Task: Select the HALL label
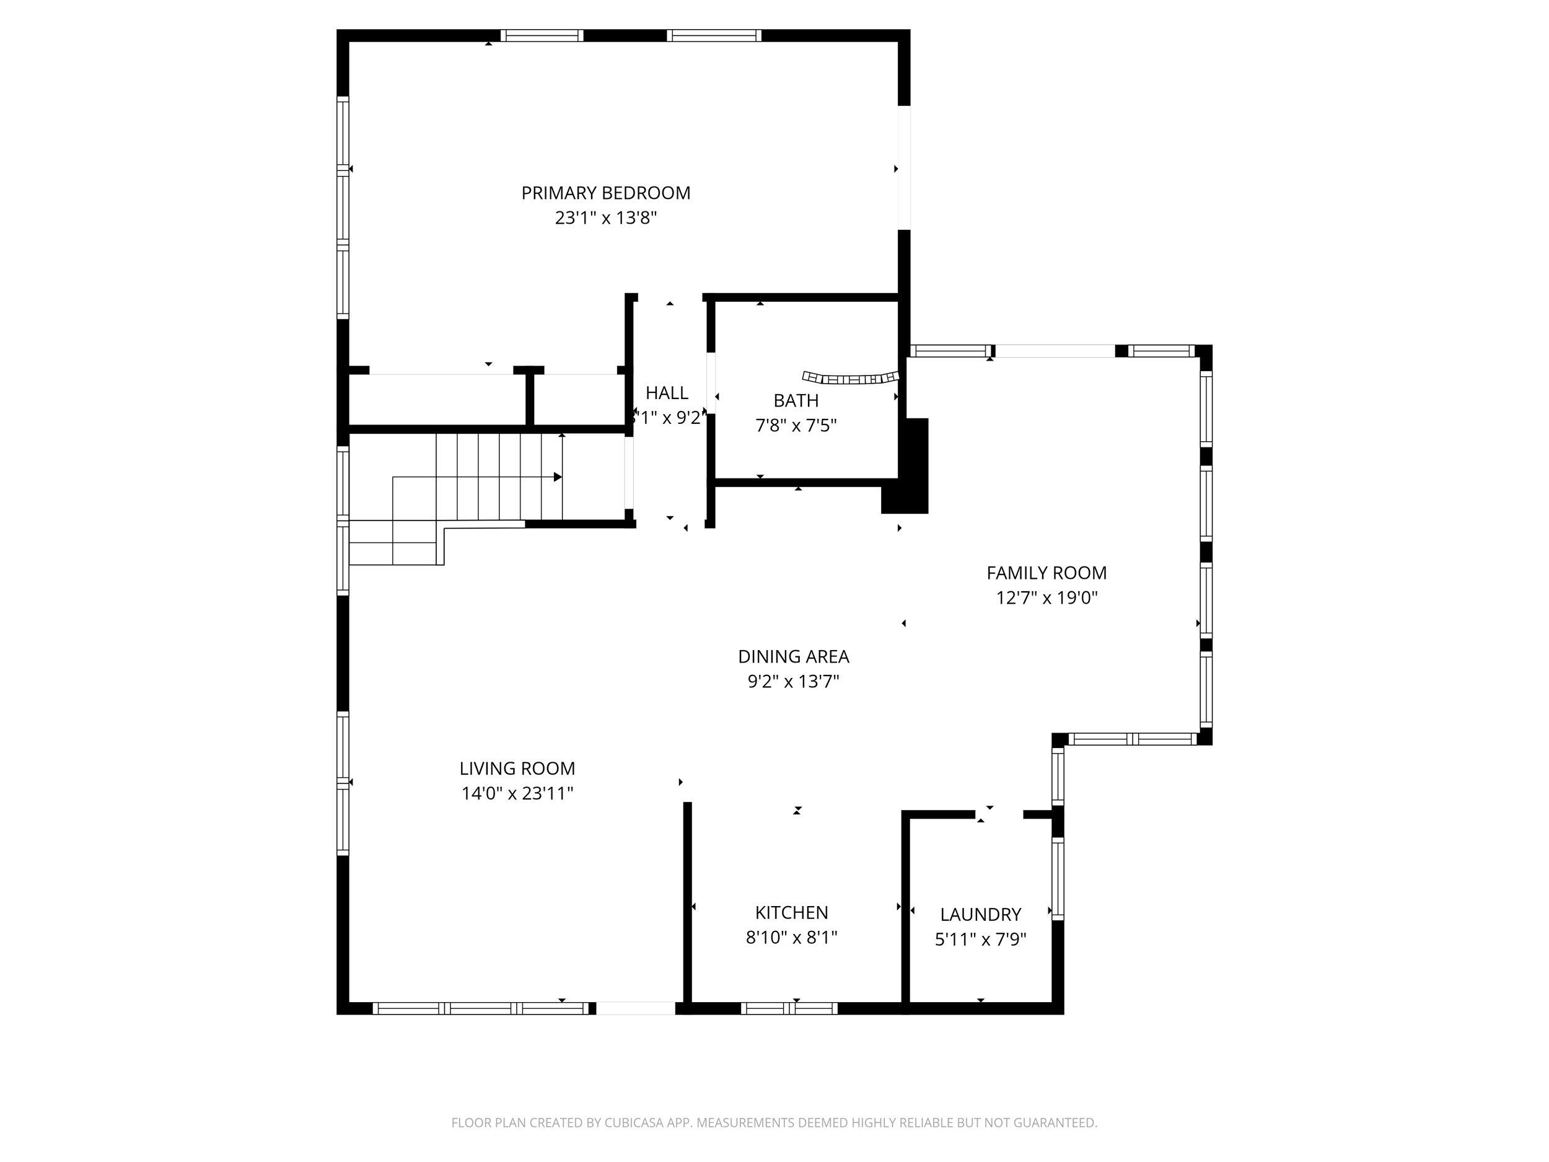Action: pyautogui.click(x=666, y=393)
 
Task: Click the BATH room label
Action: pyautogui.click(x=796, y=400)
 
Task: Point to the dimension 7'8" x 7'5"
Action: pyautogui.click(x=796, y=425)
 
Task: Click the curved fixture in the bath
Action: pyautogui.click(x=850, y=378)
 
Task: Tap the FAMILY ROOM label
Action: pyautogui.click(x=1047, y=573)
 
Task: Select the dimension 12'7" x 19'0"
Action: pyautogui.click(x=1047, y=597)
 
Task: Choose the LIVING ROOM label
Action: pyautogui.click(x=517, y=768)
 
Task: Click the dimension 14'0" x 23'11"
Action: pyautogui.click(x=517, y=794)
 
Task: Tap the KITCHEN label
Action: pyautogui.click(x=791, y=912)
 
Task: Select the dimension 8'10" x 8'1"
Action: pyautogui.click(x=791, y=937)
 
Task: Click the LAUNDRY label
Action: pyautogui.click(x=980, y=914)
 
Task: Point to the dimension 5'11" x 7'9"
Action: pyautogui.click(x=980, y=940)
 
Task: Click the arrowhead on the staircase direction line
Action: pyautogui.click(x=558, y=477)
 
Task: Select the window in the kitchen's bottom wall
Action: pyautogui.click(x=789, y=1008)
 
